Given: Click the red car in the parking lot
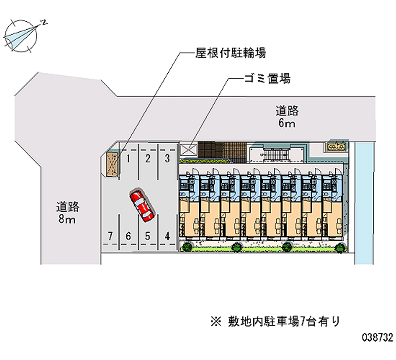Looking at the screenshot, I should pos(142,205).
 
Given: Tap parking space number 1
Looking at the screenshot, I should pos(128,158).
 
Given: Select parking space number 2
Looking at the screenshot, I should pos(148,158).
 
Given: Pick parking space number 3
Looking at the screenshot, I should pos(167,158).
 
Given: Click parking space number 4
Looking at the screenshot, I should pos(167,236).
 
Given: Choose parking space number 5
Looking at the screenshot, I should pos(148,236).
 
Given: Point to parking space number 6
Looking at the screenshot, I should pos(128,236).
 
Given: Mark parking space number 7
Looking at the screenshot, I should pos(111,236).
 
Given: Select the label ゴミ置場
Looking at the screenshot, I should pos(266,79).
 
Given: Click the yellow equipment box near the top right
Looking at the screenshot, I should pos(336,147).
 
